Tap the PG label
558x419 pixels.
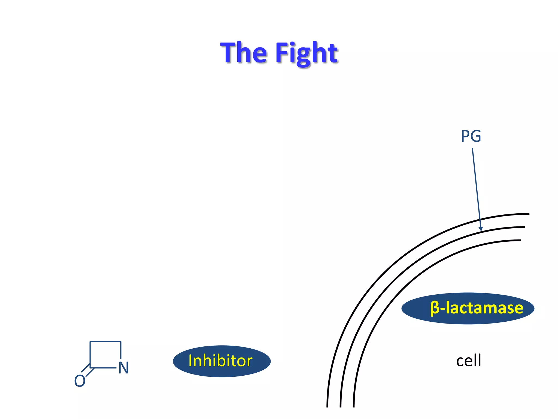(471, 136)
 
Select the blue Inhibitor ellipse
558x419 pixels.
(222, 361)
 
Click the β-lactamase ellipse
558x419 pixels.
(468, 308)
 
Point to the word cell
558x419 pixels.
(468, 360)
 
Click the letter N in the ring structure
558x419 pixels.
(123, 368)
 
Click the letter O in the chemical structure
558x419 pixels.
(80, 381)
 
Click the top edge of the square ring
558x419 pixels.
(105, 341)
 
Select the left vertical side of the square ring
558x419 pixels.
(90, 355)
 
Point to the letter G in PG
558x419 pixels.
(475, 136)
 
